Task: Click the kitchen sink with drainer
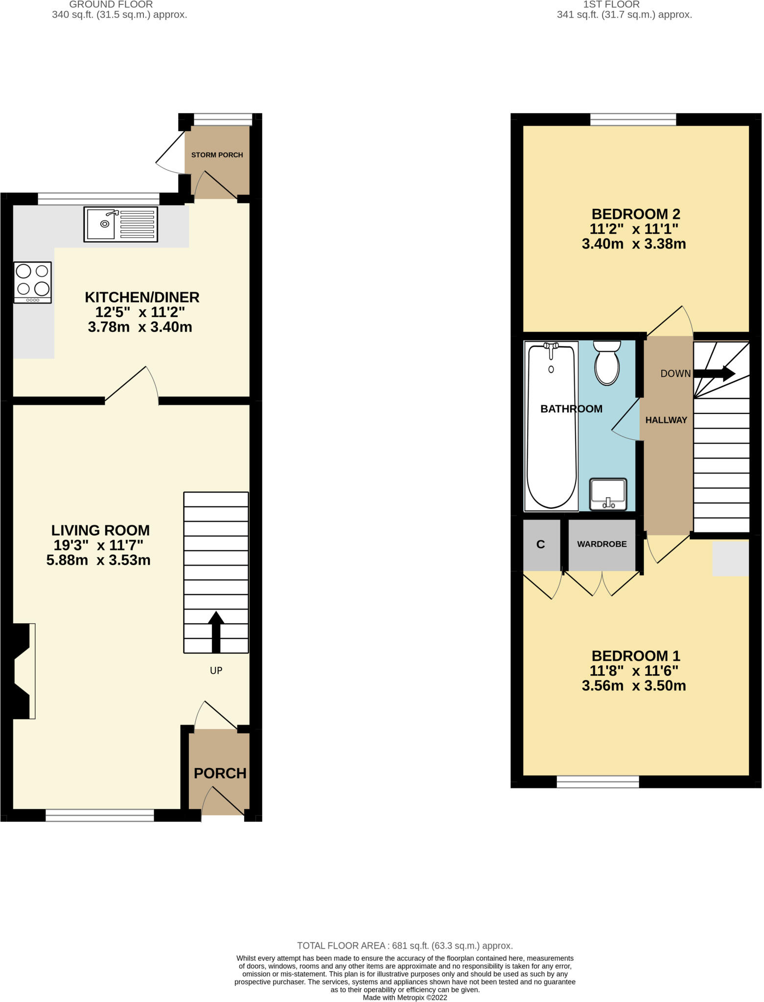coord(120,224)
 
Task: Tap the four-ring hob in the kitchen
coord(33,283)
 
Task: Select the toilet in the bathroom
coord(607,363)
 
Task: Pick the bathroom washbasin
coord(608,494)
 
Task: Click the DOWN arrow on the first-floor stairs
coord(714,373)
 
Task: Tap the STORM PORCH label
coord(217,155)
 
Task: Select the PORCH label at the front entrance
coord(220,773)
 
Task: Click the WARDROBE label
coord(602,544)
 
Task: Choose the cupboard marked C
coord(541,545)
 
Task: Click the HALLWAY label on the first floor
coord(666,420)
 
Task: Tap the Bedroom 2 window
coord(633,119)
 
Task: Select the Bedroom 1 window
coord(598,782)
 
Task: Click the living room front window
coord(100,815)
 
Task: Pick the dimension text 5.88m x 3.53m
coord(98,560)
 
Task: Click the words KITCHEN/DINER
coord(142,297)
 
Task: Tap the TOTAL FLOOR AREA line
coord(405,946)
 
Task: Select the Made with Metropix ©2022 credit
coord(405,997)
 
